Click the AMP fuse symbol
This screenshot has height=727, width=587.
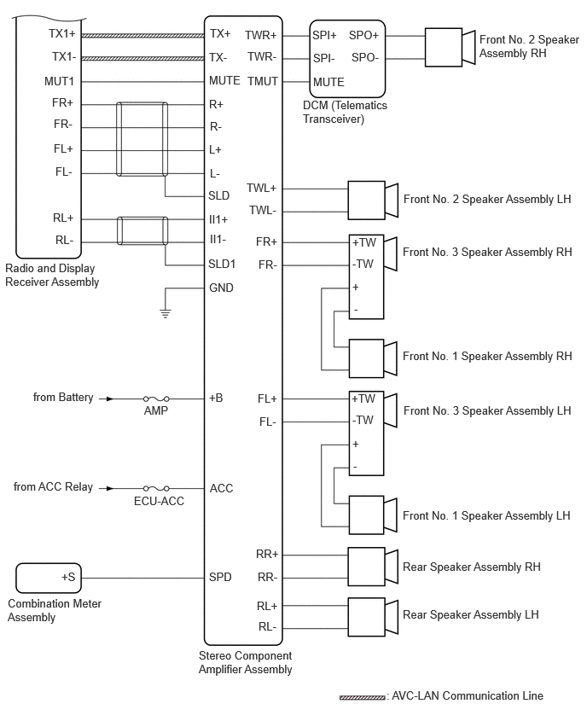[156, 398]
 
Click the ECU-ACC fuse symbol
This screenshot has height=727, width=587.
[156, 488]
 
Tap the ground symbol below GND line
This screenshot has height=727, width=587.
[166, 313]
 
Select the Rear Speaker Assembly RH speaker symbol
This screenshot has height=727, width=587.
[373, 566]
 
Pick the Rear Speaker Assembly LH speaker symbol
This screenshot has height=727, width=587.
[373, 614]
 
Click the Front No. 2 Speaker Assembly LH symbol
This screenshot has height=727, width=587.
[373, 200]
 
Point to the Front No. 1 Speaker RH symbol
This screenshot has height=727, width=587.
[373, 356]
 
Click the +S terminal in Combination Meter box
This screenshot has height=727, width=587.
[68, 578]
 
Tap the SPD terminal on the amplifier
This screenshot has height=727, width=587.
[220, 578]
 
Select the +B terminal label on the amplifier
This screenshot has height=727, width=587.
[217, 398]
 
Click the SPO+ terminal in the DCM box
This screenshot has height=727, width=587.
[363, 36]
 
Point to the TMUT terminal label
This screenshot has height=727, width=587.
[263, 82]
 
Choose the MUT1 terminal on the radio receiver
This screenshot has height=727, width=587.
[60, 82]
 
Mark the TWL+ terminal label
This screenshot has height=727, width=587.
[262, 188]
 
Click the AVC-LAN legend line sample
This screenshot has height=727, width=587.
[362, 697]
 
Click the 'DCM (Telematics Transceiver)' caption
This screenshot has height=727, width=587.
[345, 112]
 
